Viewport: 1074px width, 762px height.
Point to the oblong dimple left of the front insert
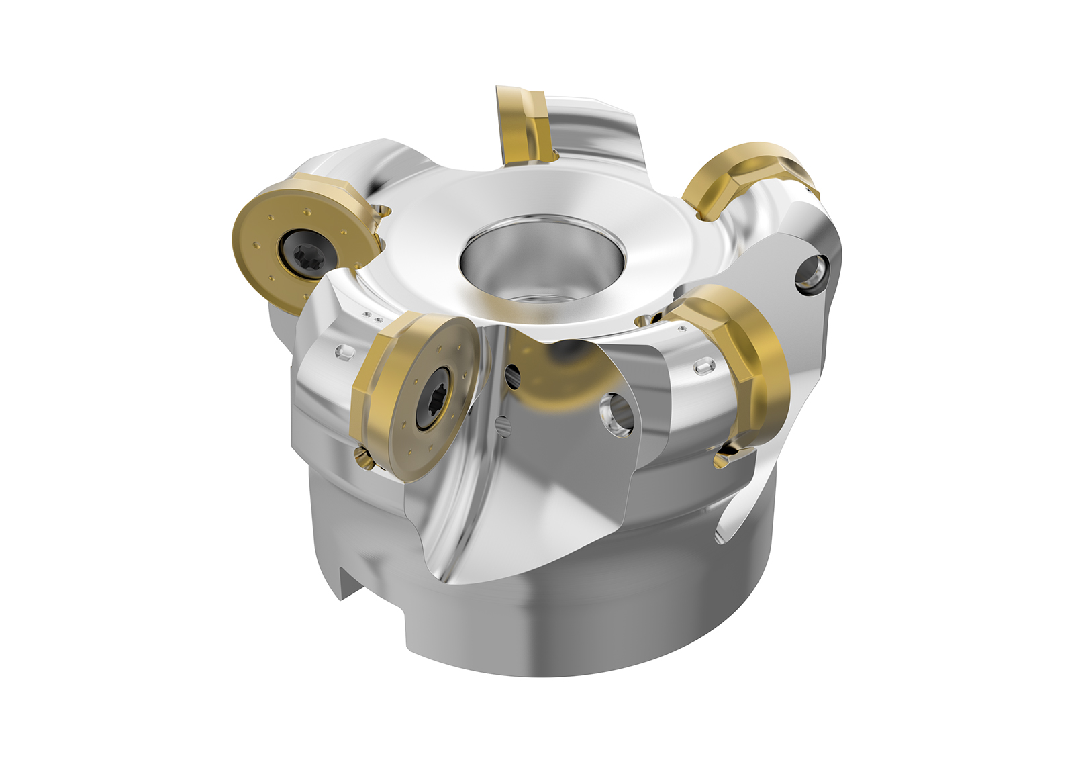(344, 352)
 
